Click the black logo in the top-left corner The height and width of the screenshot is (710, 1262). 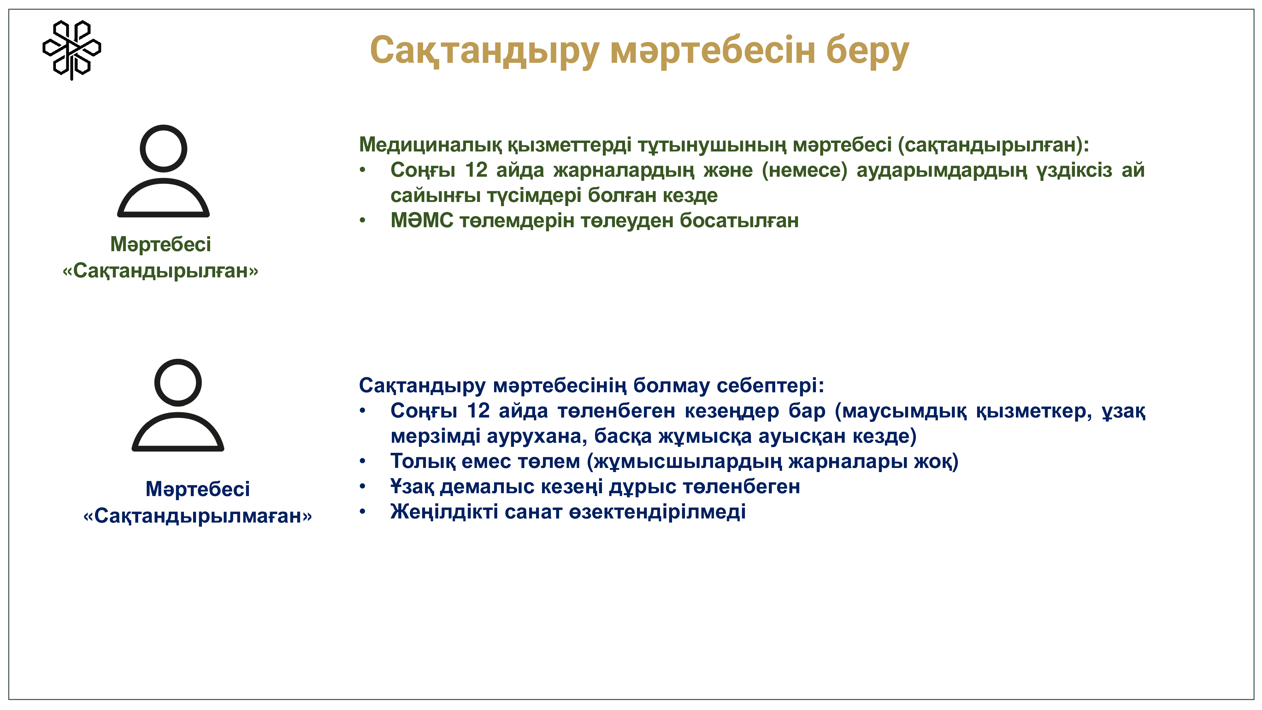coord(72,50)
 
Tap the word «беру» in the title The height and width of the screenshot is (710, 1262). coord(868,51)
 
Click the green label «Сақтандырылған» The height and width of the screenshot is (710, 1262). coord(160,270)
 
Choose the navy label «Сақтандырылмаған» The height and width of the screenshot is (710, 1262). coord(198,516)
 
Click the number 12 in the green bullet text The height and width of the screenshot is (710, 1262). coord(476,170)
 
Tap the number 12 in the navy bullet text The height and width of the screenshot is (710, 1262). coord(478,411)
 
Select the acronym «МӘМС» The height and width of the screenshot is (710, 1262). coord(422,221)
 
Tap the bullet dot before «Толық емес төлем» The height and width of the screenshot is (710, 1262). coord(363,461)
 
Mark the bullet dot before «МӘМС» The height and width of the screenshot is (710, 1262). coord(363,221)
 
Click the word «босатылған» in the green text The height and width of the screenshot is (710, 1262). coord(739,221)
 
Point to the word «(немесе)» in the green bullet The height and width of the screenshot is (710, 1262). coord(805,170)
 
